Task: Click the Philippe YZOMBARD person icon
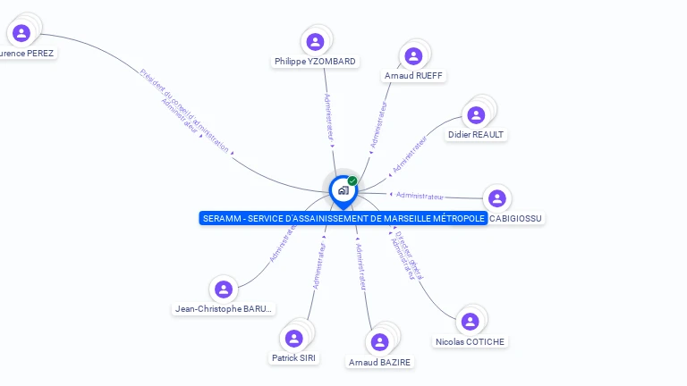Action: [x=315, y=41]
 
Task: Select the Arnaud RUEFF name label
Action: [x=415, y=76]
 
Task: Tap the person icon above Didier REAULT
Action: [x=476, y=114]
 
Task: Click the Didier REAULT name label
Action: [x=476, y=135]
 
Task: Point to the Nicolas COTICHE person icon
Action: [x=468, y=322]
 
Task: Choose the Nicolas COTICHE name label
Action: [x=470, y=342]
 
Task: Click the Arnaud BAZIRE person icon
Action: [x=379, y=341]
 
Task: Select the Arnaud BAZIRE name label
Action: [x=380, y=362]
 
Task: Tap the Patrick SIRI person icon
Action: [x=293, y=338]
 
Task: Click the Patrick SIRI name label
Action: [x=294, y=358]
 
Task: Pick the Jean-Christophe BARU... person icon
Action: [x=224, y=289]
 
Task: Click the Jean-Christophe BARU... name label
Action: [x=225, y=309]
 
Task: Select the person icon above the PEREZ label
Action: [x=21, y=33]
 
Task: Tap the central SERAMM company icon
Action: [x=343, y=189]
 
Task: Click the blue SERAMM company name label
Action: [x=343, y=219]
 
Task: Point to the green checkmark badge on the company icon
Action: [x=352, y=180]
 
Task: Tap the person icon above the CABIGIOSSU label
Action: [x=497, y=198]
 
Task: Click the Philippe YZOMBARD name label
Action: [x=315, y=62]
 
